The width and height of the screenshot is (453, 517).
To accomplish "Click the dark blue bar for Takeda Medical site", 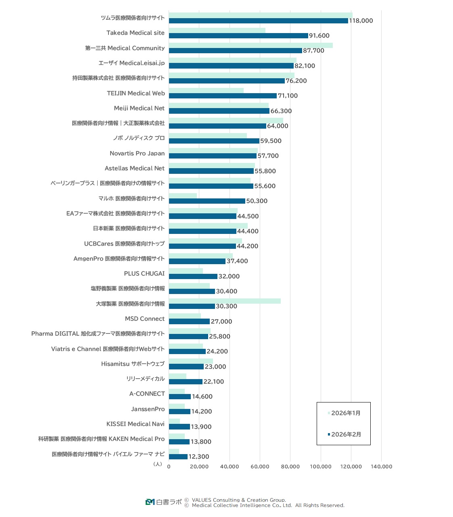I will click(x=238, y=36).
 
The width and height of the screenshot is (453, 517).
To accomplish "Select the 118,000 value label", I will click(x=361, y=21).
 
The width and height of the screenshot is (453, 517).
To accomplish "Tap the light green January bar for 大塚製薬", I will click(x=224, y=301).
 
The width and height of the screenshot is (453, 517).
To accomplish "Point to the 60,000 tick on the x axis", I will click(x=260, y=467).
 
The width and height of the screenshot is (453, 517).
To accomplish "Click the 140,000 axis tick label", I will click(x=381, y=467).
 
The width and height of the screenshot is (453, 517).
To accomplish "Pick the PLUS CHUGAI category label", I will click(x=144, y=273).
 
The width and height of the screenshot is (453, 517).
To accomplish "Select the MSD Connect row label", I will click(x=144, y=319).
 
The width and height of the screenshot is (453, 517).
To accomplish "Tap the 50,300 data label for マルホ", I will click(x=257, y=201).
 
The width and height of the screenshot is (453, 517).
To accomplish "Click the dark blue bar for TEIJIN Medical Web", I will click(x=223, y=96).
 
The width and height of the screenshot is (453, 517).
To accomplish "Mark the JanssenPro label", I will click(x=148, y=409).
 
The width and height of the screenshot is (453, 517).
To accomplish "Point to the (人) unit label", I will click(x=158, y=464).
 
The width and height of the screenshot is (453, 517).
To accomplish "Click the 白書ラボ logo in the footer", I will click(x=164, y=502).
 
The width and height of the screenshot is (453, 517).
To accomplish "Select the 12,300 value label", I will click(x=199, y=457).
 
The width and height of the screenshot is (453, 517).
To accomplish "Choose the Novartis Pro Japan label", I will click(x=137, y=153).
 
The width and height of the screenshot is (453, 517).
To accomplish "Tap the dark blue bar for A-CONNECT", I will click(x=180, y=397).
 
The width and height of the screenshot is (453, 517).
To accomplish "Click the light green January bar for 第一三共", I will click(x=251, y=45).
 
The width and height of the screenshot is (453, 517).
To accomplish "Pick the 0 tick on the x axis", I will click(x=169, y=467).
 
